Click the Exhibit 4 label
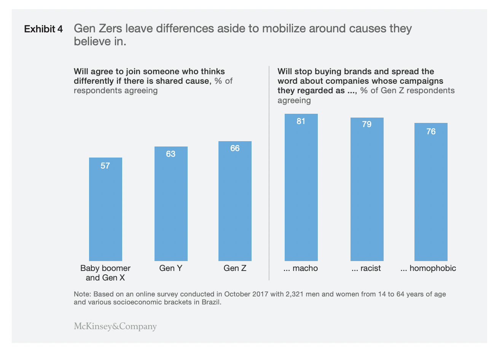(x=43, y=29)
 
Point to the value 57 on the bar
(x=105, y=166)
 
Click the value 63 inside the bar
(x=171, y=154)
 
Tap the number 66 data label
(x=235, y=148)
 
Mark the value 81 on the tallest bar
(x=301, y=121)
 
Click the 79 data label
(x=367, y=124)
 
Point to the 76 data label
(x=431, y=132)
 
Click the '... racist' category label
(x=366, y=268)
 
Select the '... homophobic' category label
(x=428, y=268)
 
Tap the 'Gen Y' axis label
(x=171, y=268)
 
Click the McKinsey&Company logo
(x=115, y=326)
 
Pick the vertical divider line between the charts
(x=269, y=173)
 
